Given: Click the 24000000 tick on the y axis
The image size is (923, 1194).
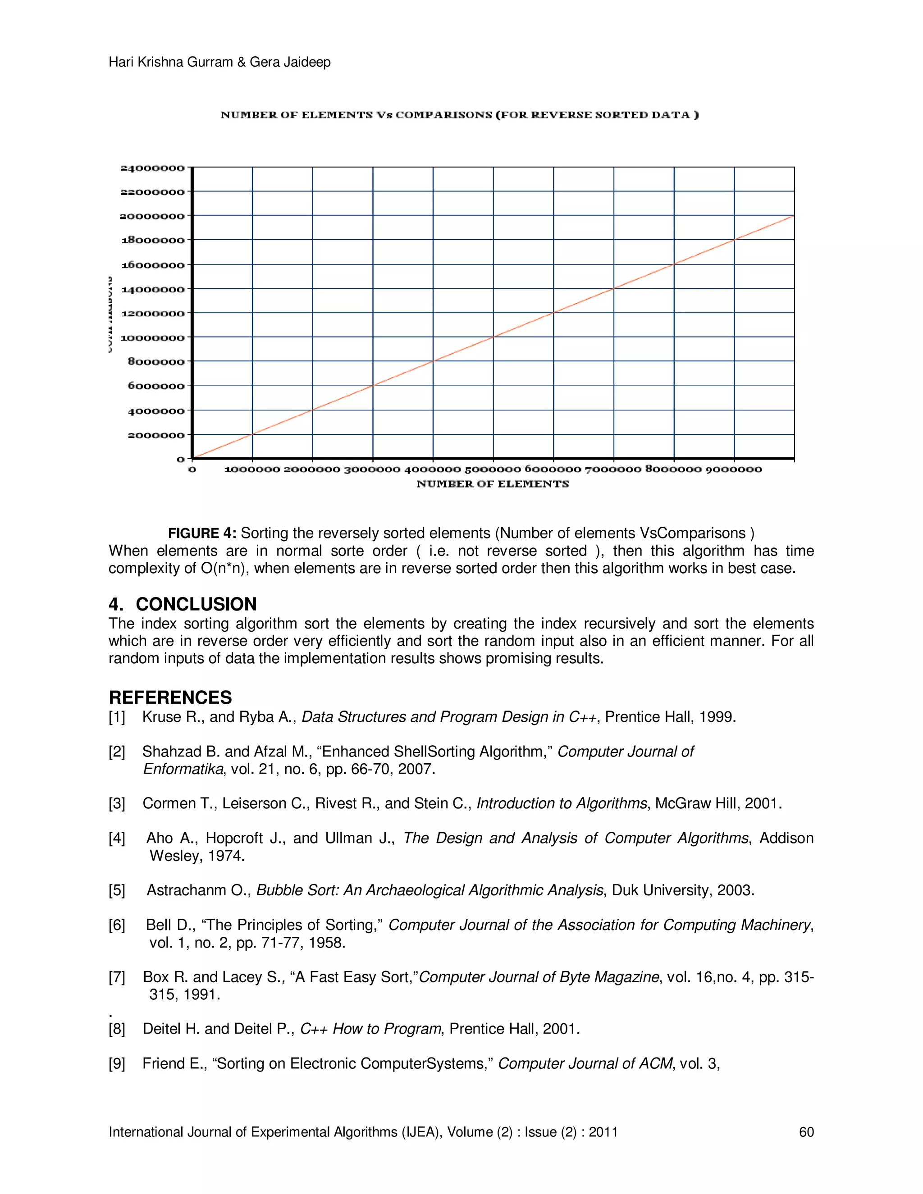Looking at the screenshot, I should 152,168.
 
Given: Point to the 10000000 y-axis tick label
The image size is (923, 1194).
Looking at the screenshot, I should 152,337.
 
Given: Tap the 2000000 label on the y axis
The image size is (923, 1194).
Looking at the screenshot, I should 156,435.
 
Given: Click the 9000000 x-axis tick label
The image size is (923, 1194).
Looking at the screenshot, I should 733,469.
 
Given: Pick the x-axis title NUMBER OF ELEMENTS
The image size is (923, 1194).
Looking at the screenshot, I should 492,484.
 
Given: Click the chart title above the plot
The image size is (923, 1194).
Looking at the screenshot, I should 459,115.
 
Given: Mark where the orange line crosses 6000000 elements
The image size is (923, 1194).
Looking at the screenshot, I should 553,313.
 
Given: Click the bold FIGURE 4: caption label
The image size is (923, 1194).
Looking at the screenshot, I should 202,533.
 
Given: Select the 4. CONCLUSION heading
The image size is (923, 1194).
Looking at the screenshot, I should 183,604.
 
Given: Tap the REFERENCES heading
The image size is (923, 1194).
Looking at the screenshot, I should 170,697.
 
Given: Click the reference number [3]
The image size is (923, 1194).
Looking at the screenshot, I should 117,804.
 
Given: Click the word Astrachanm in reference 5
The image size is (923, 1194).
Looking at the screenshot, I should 186,891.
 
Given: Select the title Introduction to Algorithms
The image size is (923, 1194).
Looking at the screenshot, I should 562,804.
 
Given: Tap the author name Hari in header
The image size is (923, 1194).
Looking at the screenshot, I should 120,62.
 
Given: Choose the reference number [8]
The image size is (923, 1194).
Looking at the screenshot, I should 117,1030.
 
